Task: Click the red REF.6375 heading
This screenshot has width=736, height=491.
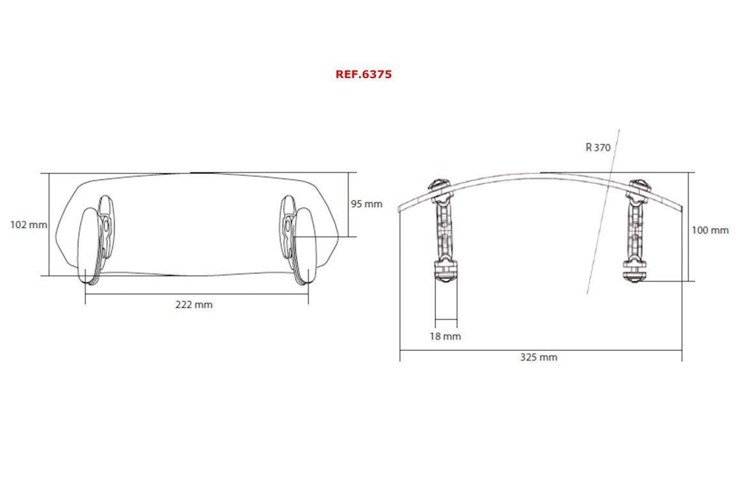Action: point(363,74)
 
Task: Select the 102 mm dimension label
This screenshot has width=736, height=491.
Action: point(28,224)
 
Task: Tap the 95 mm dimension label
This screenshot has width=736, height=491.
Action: point(366,204)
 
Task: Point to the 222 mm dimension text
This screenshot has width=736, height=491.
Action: point(194,304)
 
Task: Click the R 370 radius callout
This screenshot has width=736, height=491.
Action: point(598,147)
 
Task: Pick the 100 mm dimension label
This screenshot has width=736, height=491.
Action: point(710,230)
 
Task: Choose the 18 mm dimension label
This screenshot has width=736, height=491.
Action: point(446,336)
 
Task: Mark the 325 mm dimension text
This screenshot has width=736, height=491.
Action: point(538,357)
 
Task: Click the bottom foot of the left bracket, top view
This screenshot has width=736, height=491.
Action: point(446,272)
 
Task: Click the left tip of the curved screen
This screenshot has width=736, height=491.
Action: point(400,207)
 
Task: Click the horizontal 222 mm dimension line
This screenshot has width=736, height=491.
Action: point(128,294)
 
